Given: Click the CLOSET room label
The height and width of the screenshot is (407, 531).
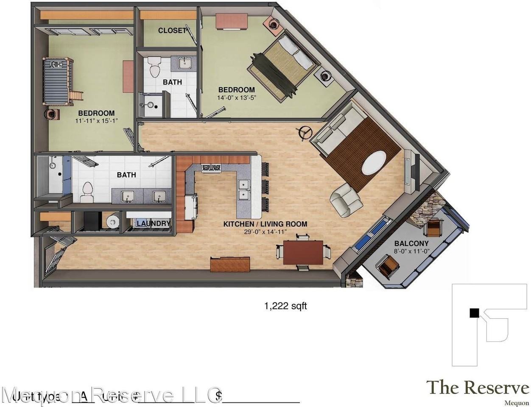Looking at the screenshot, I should point(172,31).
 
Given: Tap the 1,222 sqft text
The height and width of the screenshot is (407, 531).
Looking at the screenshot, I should point(285,306).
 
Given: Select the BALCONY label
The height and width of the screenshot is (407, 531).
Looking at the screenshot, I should point(411,243).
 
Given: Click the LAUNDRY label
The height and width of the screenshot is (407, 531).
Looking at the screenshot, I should point(153,223).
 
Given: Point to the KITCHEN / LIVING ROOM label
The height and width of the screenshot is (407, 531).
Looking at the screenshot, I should point(265,224).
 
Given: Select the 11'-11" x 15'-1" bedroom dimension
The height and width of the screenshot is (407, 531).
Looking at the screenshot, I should point(96,121).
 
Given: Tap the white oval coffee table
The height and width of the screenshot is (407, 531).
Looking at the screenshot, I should point(374,162).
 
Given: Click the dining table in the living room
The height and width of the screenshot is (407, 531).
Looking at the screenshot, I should point(303,252).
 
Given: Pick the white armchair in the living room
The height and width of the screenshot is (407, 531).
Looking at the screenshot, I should point(346,200).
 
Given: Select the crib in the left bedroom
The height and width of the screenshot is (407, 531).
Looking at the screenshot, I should point(57,81).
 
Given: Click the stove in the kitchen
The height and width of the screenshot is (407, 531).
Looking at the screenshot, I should point(211,168).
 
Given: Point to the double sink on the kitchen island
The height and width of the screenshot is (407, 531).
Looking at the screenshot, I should point(243,190).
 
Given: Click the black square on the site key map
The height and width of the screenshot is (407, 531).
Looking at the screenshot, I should point(474,313).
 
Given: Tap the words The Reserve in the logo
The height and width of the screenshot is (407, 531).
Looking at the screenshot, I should point(477,387).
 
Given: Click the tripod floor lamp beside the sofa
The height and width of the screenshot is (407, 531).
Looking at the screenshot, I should point(304,133).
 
